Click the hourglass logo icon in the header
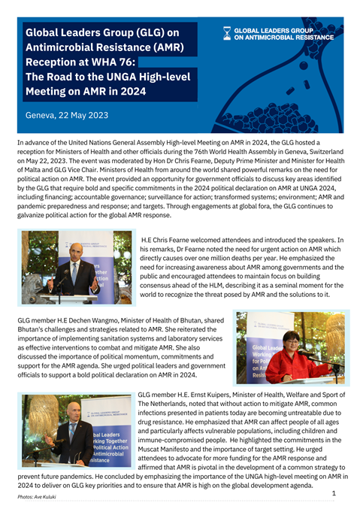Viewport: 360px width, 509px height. tap(227, 32)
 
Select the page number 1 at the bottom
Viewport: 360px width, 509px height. tap(333, 493)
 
